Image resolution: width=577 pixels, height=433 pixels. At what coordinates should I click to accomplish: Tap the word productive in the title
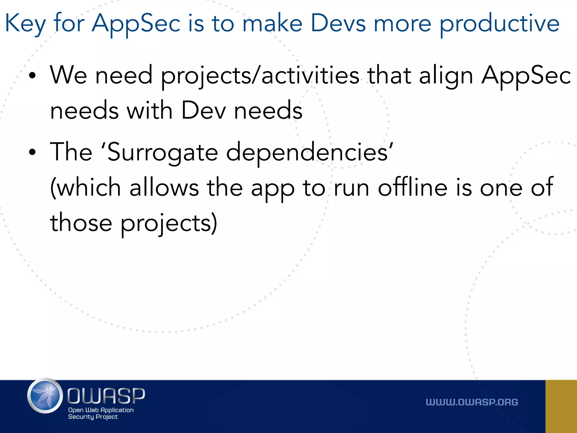click(499, 24)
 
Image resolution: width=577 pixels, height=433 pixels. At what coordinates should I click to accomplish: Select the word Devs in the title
click(338, 23)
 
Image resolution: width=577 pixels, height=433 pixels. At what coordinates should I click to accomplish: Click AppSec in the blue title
click(136, 24)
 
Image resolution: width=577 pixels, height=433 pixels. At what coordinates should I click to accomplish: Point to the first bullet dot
click(32, 76)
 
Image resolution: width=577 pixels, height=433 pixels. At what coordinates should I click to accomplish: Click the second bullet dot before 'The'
click(32, 152)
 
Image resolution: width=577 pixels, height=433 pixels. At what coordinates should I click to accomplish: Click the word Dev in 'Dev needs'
click(203, 111)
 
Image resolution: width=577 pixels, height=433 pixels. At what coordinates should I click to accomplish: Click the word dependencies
click(307, 152)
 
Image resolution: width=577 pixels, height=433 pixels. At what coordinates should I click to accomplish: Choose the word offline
click(412, 187)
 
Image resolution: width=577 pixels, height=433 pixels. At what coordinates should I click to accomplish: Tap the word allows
click(164, 187)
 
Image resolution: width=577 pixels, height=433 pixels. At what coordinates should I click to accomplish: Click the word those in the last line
click(81, 223)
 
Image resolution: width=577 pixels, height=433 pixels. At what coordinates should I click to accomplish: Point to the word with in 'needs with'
click(149, 111)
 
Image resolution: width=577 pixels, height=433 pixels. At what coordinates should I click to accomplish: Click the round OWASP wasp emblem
click(45, 396)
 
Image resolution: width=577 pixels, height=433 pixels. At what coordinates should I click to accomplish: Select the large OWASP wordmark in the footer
click(106, 396)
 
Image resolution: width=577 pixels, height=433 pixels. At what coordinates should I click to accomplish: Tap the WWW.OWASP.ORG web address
click(472, 402)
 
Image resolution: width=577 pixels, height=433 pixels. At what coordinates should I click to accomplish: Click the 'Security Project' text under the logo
click(93, 417)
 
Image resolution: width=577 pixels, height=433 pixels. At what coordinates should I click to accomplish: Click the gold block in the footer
click(561, 406)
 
